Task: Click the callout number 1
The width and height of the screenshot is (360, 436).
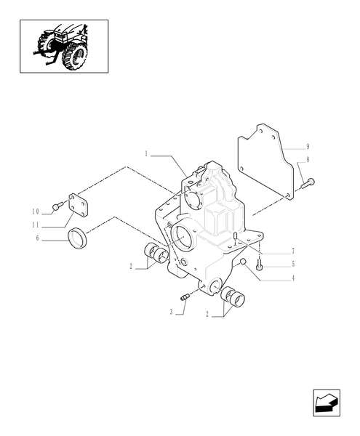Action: coord(146,154)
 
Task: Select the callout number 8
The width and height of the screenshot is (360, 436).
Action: coord(308,159)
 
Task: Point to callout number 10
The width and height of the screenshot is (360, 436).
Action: coord(35,211)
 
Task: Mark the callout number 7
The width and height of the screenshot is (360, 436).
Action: coord(292,251)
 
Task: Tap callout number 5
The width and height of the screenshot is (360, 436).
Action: coord(292,264)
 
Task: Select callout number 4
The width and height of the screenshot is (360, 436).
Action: coord(292,278)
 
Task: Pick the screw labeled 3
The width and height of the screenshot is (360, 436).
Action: coord(185,295)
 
